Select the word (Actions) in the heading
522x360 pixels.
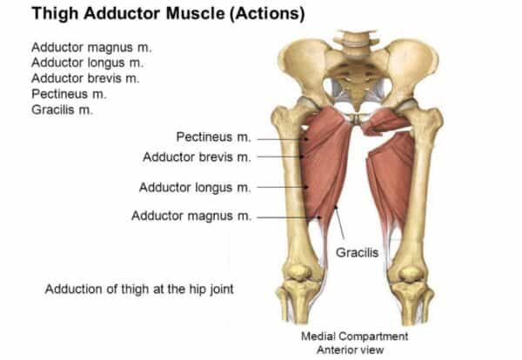(x=267, y=14)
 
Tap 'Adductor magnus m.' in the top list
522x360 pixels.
(x=91, y=48)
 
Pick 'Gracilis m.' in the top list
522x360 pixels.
(x=62, y=110)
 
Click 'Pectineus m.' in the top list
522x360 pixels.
(x=69, y=94)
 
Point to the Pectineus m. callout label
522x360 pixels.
(x=213, y=137)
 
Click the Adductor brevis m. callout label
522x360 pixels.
(x=197, y=157)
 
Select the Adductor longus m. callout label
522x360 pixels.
(x=195, y=187)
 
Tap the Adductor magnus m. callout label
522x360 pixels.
(x=191, y=216)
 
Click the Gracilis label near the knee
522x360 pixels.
(x=358, y=252)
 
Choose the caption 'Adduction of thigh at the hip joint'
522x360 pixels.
(x=139, y=289)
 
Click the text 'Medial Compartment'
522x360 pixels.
(x=355, y=336)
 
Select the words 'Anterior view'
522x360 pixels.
(x=351, y=350)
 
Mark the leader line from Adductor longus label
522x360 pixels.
(x=282, y=187)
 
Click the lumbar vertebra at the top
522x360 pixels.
(x=356, y=41)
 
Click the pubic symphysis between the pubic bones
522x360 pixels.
(x=357, y=119)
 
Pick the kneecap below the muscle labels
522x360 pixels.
(x=298, y=272)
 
